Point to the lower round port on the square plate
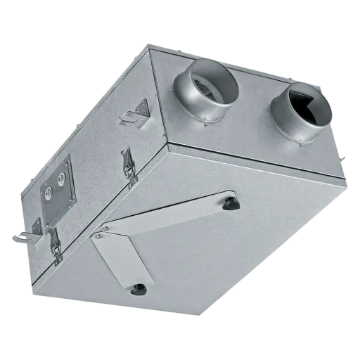[x=49, y=190]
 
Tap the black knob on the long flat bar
[x=230, y=205]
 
